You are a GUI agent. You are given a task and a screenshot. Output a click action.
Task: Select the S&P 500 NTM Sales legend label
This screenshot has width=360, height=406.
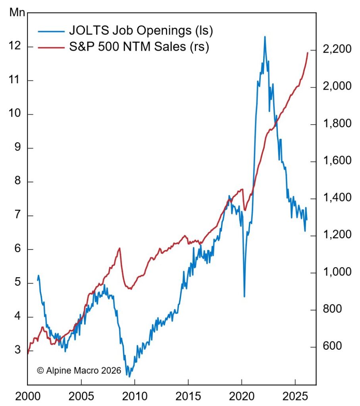click(x=139, y=47)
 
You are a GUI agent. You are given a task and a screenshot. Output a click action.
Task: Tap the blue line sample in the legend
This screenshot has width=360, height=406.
click(x=51, y=31)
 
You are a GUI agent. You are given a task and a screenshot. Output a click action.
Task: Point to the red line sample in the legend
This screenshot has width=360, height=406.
click(x=51, y=48)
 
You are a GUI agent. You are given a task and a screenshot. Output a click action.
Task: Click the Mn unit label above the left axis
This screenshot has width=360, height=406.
click(x=16, y=12)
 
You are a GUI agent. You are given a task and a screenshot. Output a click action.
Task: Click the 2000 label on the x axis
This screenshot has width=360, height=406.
click(x=27, y=396)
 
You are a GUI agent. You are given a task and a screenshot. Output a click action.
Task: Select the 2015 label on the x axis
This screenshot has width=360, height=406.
click(x=188, y=396)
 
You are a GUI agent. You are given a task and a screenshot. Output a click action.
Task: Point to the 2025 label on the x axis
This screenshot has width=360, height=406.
click(x=295, y=396)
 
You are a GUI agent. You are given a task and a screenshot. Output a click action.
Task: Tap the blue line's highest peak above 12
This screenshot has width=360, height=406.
click(x=265, y=37)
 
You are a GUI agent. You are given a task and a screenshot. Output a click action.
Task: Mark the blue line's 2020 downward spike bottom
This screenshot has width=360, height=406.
click(x=244, y=296)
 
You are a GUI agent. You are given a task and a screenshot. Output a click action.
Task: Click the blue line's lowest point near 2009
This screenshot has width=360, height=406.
click(x=129, y=376)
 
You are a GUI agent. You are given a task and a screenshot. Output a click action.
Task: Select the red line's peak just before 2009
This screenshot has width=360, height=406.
click(x=119, y=248)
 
